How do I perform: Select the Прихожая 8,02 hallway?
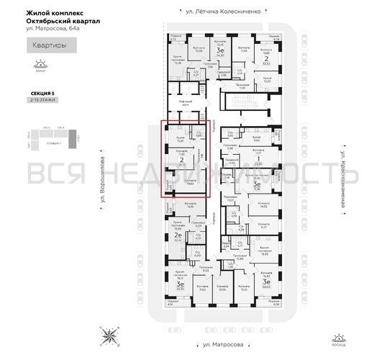coord(205,270)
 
